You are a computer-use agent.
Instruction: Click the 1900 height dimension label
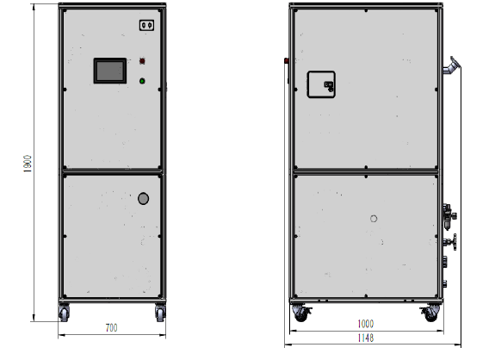[28, 164]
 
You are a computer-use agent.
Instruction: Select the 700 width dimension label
[111, 328]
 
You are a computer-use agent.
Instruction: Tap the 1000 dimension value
[366, 324]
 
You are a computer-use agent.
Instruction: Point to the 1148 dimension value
[366, 338]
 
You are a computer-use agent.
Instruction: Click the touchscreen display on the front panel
[110, 71]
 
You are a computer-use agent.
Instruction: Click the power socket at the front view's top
[147, 25]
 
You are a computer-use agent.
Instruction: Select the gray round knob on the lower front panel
[143, 199]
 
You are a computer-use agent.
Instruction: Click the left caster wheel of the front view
[64, 313]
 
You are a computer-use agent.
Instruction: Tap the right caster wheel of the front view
[160, 313]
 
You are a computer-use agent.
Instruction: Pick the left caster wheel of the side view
[301, 313]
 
